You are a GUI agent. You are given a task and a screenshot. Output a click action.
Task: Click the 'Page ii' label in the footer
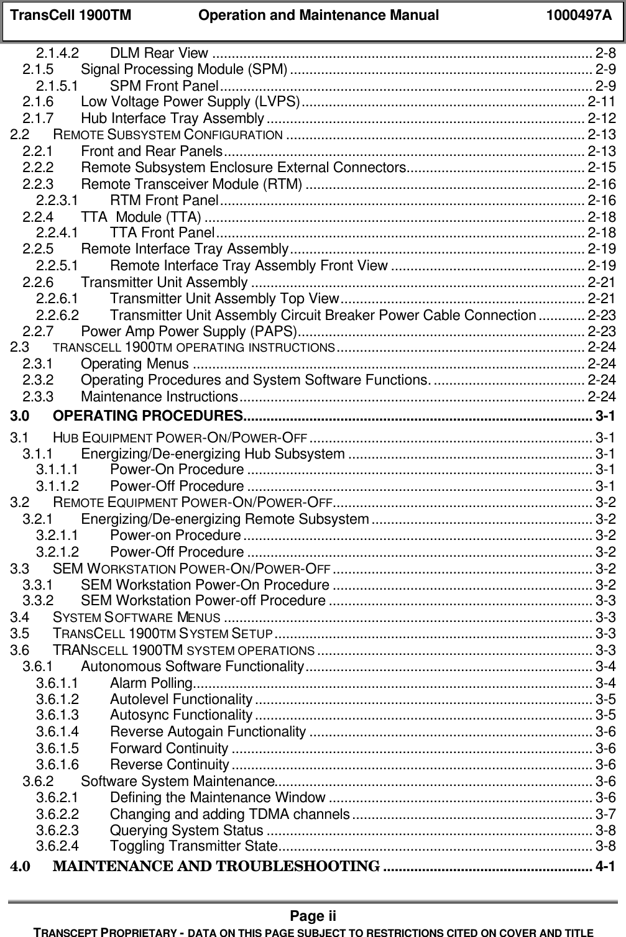coord(313,916)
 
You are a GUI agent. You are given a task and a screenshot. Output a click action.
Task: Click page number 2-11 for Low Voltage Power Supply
coord(602,101)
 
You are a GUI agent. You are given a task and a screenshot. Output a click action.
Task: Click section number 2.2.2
coord(38,167)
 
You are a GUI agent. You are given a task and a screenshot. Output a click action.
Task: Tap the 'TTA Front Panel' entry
coord(162,233)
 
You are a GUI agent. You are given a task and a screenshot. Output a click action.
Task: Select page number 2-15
coord(602,167)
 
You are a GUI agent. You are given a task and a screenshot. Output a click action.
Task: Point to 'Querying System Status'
coord(186,830)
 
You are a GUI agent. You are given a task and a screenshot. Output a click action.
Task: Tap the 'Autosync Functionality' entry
coord(181,716)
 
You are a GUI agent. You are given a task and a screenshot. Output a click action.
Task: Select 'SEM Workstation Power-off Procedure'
coord(203,601)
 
